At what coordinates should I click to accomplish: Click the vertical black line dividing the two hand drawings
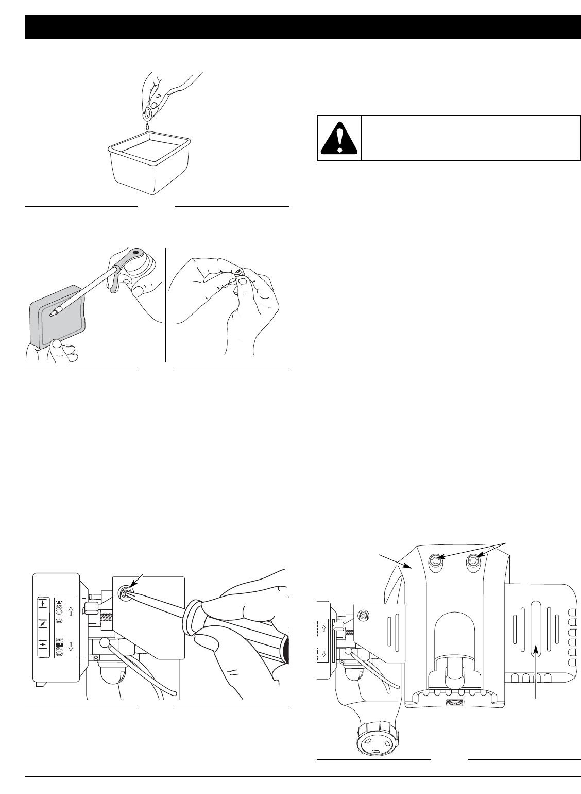[166, 304]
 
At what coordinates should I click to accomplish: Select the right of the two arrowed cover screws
[473, 560]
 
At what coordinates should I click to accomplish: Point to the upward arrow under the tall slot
[536, 670]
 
